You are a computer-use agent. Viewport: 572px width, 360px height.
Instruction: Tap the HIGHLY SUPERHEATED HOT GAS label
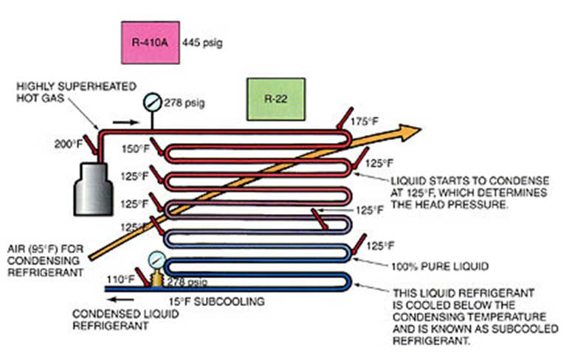51,92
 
